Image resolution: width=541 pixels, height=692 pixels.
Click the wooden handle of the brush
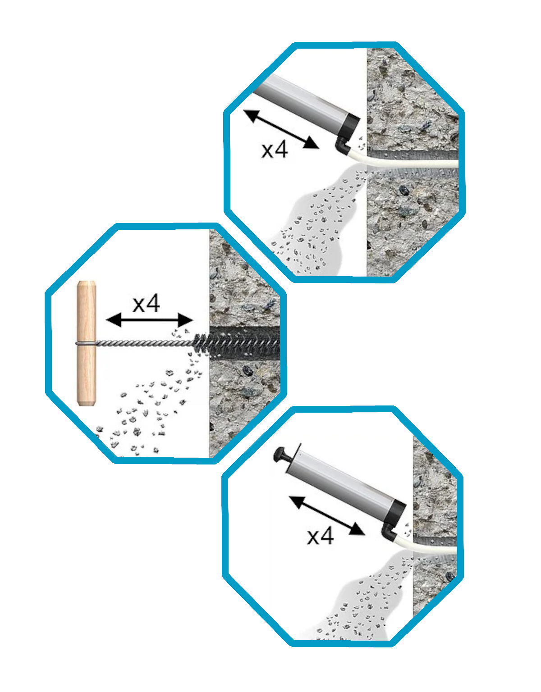87,343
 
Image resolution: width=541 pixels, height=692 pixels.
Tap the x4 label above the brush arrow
146,304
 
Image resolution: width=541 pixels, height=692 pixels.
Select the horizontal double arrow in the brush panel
149,320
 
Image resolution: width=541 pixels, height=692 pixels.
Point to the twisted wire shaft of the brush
144,343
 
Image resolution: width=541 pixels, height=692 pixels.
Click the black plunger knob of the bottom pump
282,455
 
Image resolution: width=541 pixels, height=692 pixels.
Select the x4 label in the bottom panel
320,536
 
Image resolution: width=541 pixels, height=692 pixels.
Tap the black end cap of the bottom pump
395,513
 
